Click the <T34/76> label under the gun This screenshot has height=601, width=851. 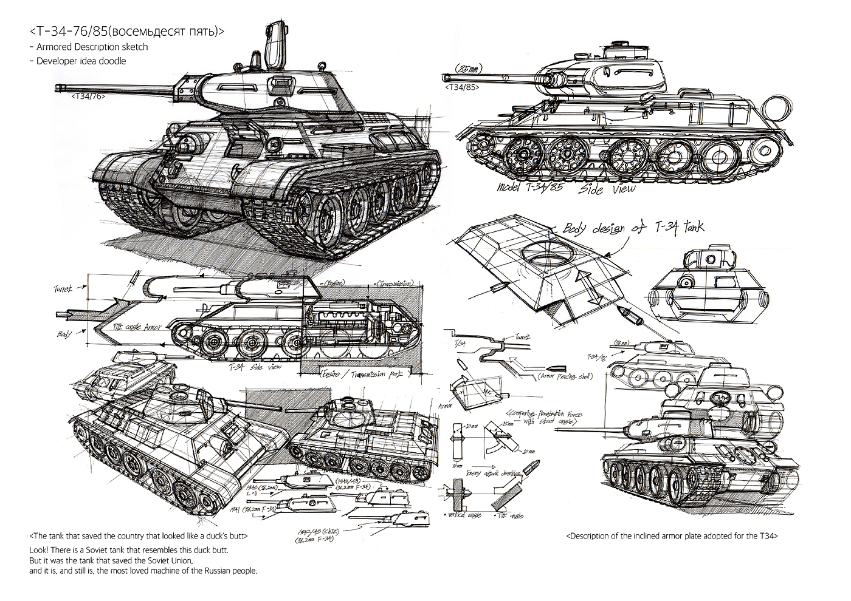pyautogui.click(x=88, y=96)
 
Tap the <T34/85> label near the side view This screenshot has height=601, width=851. pyautogui.click(x=463, y=87)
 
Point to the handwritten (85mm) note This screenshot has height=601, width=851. pyautogui.click(x=467, y=69)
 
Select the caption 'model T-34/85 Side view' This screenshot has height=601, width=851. pyautogui.click(x=566, y=189)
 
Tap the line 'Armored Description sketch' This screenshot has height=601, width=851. pyautogui.click(x=92, y=47)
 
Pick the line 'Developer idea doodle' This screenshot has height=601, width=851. pyautogui.click(x=81, y=61)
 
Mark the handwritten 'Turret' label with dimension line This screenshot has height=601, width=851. pyautogui.click(x=63, y=288)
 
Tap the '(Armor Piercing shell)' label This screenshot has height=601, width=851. pyautogui.click(x=565, y=376)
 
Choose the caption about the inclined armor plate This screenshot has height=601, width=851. pyautogui.click(x=672, y=536)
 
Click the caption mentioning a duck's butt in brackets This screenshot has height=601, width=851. pyautogui.click(x=139, y=537)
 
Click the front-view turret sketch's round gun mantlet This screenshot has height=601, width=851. pyautogui.click(x=687, y=283)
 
